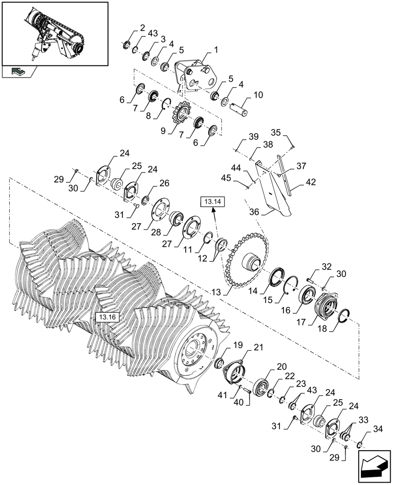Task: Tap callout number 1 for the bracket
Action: [x=215, y=50]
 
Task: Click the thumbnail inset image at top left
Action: [x=54, y=33]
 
